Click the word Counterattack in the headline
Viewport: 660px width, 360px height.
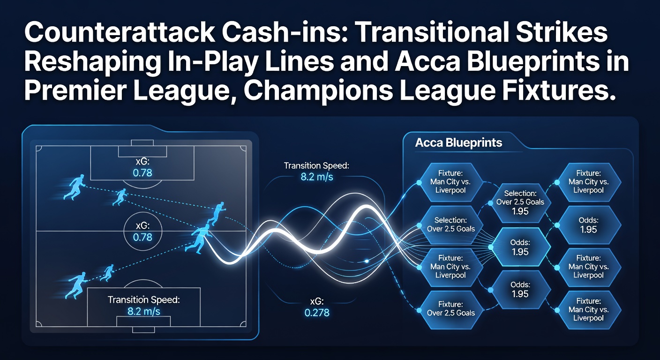point(119,32)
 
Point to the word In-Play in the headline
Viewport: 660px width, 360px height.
point(211,63)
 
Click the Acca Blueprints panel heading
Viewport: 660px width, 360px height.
point(458,142)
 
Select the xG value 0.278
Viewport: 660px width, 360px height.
point(317,313)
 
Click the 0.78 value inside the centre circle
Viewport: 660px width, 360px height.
point(142,237)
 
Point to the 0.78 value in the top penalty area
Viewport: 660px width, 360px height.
point(142,172)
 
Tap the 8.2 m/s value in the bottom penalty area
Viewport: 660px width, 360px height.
point(144,311)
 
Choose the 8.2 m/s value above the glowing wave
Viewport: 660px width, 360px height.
point(317,177)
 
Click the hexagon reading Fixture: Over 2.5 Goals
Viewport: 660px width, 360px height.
point(451,310)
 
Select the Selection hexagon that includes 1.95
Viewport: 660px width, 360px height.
point(520,203)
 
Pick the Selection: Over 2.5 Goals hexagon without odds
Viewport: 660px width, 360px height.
point(451,225)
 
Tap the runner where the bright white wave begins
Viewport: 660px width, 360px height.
point(199,239)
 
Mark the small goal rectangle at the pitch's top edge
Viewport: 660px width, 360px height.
point(142,142)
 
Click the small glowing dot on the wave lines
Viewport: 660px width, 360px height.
point(367,261)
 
